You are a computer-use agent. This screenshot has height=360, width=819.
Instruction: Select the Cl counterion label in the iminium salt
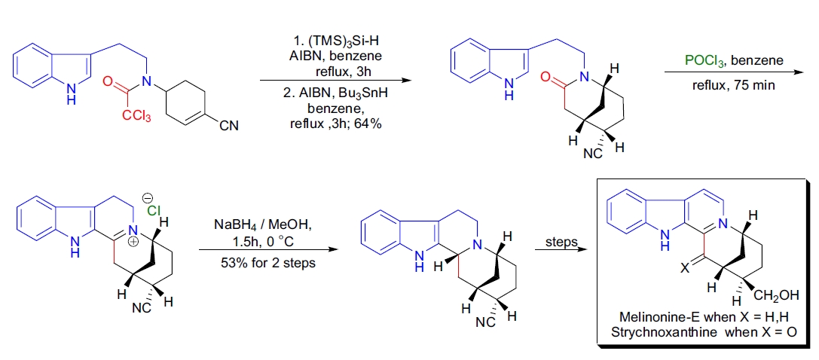tap(151, 211)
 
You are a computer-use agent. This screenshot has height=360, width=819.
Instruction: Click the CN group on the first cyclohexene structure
tap(228, 126)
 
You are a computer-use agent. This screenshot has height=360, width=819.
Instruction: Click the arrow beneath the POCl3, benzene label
tap(733, 72)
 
